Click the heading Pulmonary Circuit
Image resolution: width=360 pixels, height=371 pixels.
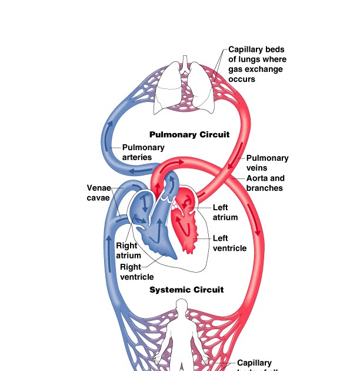[x=189, y=134]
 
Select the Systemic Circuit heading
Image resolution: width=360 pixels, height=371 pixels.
[x=186, y=290]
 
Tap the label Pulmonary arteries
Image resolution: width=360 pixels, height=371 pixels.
[x=143, y=152]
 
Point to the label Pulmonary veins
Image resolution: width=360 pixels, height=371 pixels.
[x=267, y=163]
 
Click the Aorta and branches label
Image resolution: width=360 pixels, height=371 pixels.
[x=265, y=183]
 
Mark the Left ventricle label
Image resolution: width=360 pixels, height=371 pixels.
[x=229, y=243]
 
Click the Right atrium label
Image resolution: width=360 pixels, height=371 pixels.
[x=128, y=250]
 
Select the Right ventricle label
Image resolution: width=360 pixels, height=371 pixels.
[x=136, y=271]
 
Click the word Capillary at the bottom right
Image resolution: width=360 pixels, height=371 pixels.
[x=254, y=363]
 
